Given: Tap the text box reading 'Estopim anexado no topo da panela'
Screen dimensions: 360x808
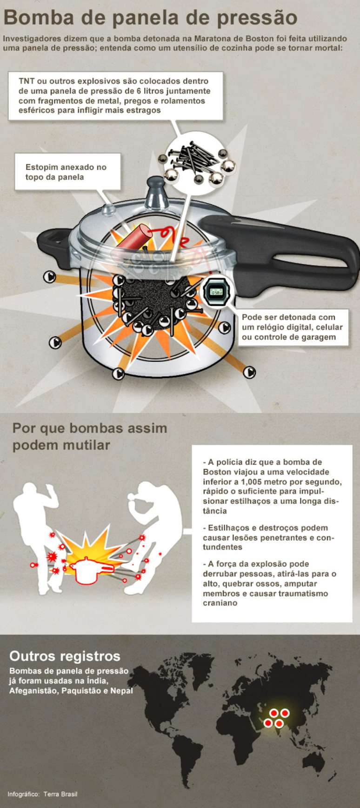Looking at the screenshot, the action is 67,172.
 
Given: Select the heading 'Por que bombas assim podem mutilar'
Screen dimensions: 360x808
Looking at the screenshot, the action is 90,436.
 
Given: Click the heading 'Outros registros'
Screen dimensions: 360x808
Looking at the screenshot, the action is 65,656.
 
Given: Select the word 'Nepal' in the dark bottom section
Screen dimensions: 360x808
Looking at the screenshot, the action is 121,691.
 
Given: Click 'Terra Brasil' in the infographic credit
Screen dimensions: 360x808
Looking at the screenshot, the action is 60,794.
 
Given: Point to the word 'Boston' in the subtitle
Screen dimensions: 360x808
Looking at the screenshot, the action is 260,39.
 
